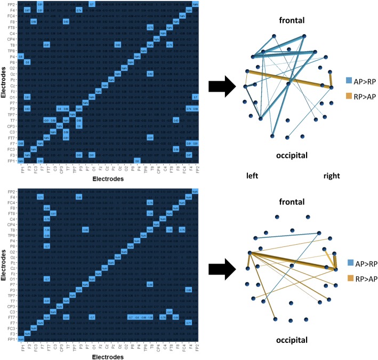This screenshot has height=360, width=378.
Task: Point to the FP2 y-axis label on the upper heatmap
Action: [10, 4]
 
